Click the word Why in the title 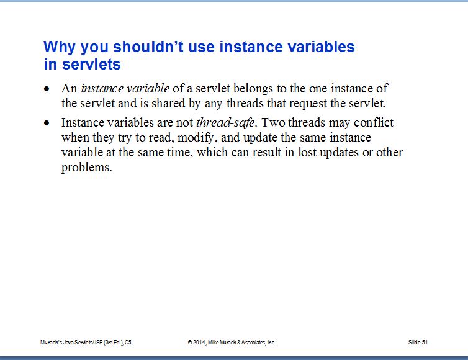[59, 47]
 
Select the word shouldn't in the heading [148, 47]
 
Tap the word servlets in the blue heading [91, 64]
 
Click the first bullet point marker [47, 89]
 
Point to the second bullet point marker [47, 123]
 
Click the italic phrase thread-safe [225, 123]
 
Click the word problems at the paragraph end [86, 168]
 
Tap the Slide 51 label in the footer [418, 343]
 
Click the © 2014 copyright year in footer [196, 343]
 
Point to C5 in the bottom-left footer [128, 343]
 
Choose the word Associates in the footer [253, 343]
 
